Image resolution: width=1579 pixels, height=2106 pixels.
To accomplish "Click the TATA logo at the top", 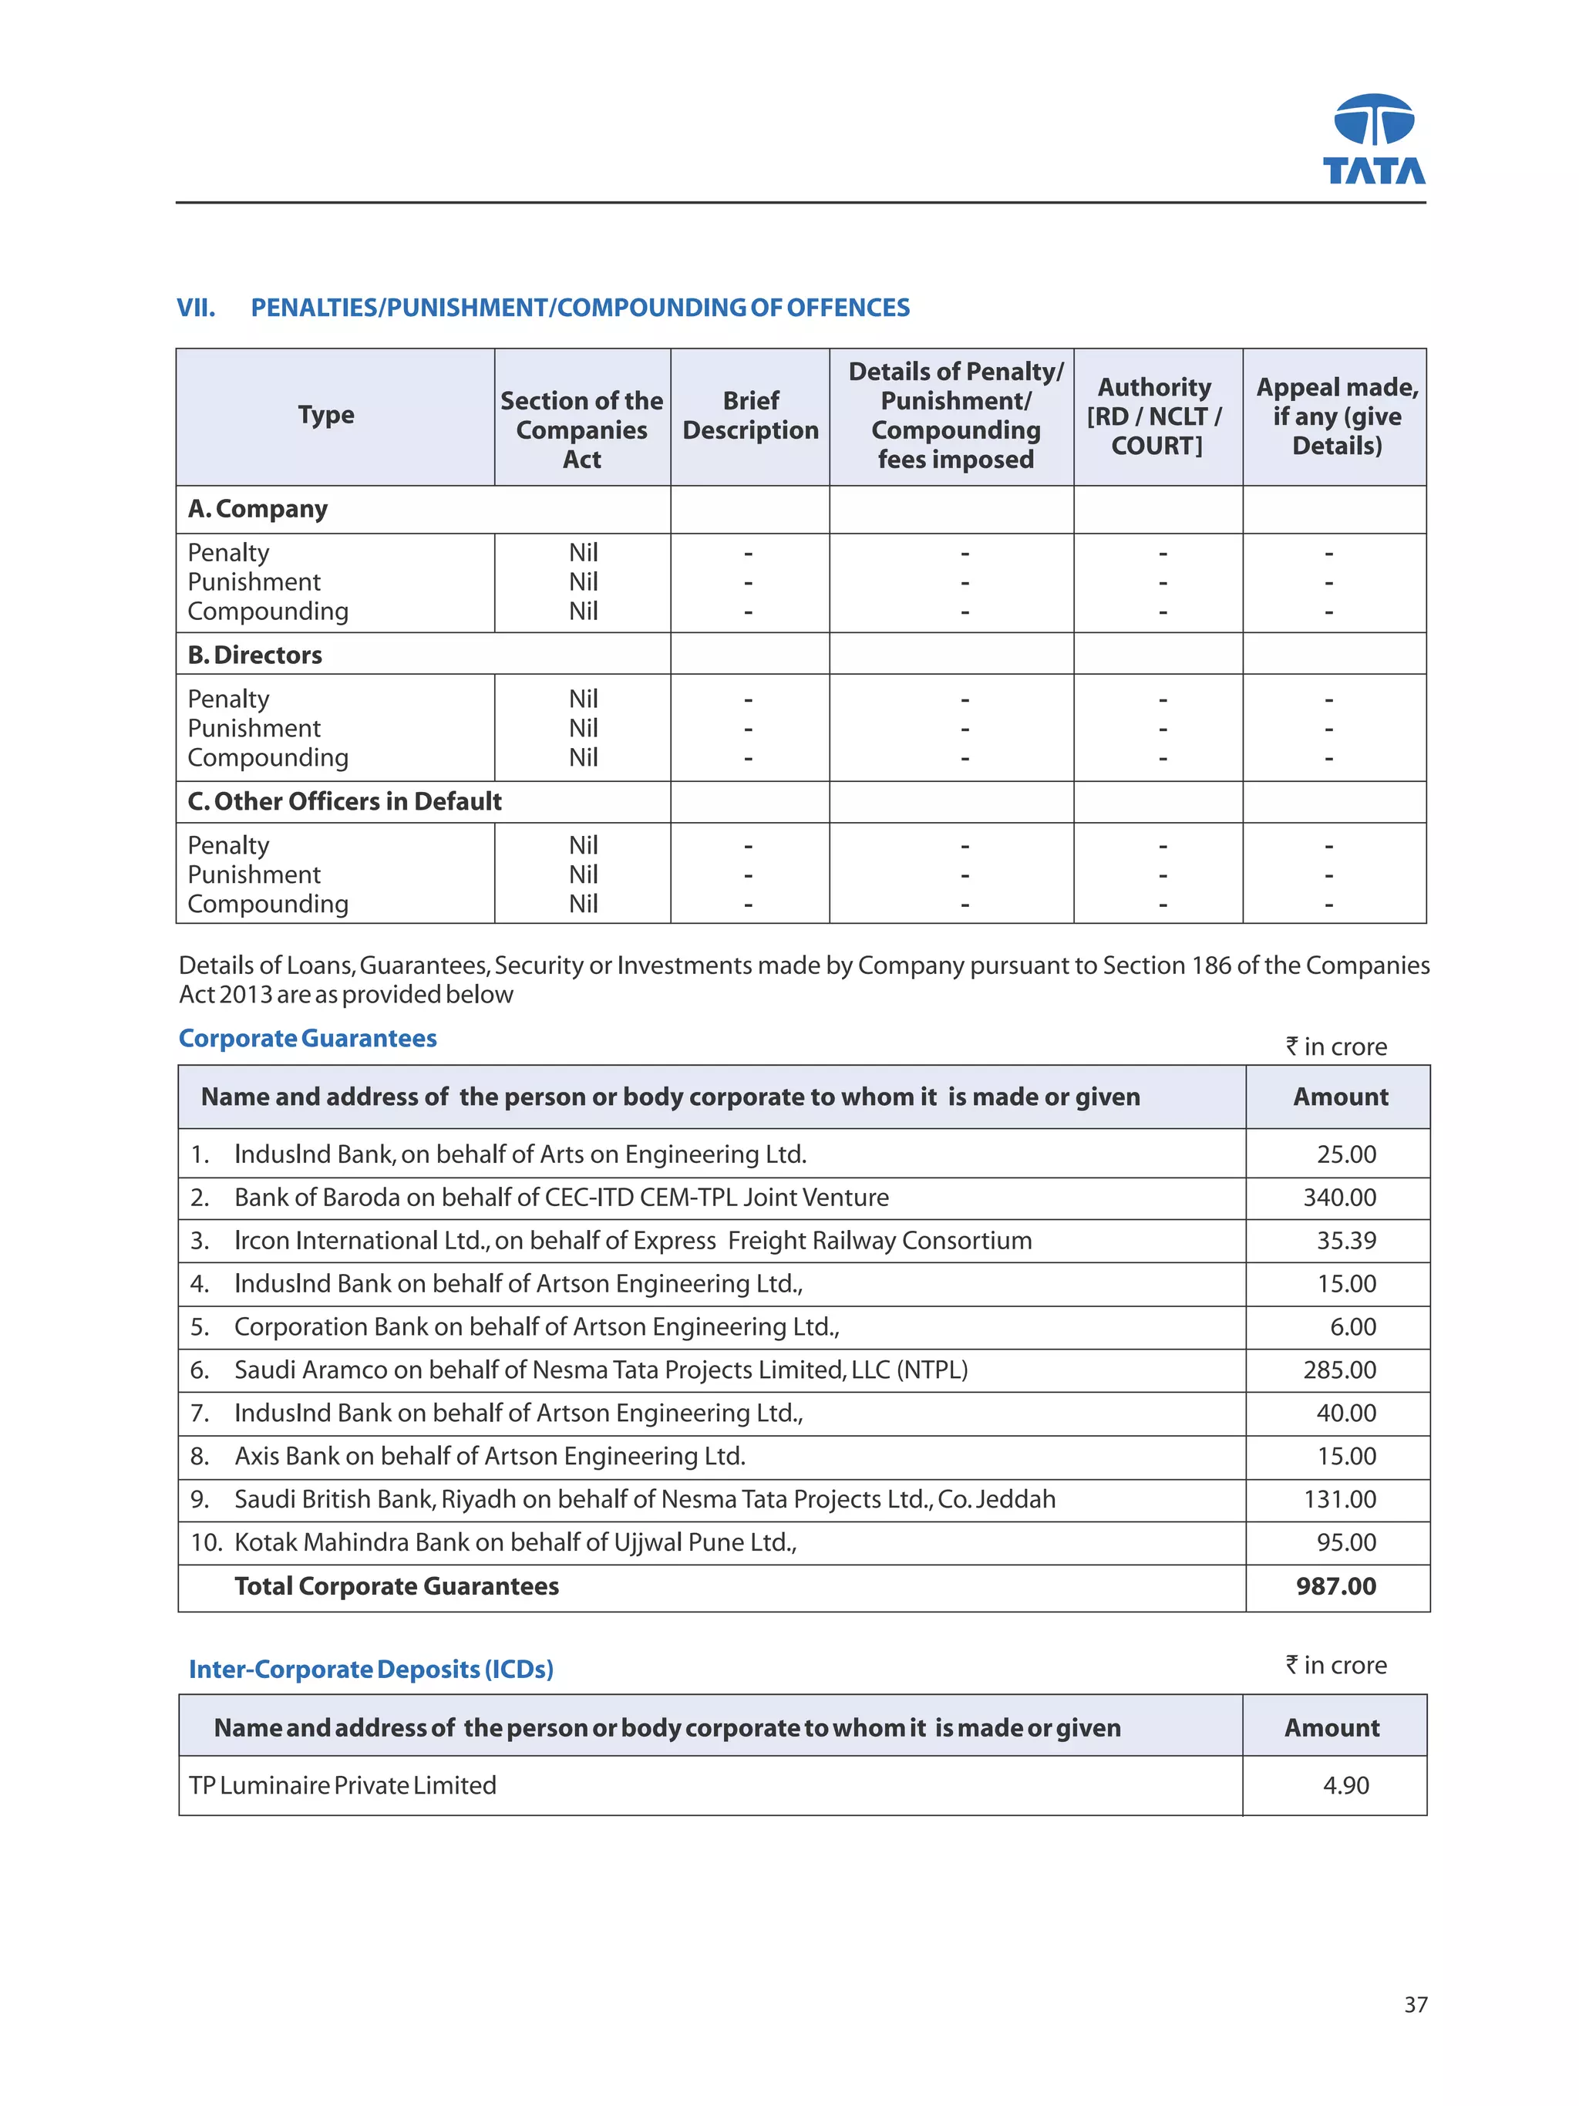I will [1373, 139].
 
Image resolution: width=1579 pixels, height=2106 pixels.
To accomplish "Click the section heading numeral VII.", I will [195, 308].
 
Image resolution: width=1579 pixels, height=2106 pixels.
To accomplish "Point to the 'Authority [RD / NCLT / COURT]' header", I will [1156, 416].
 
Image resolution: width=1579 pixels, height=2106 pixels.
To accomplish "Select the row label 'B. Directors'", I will [255, 655].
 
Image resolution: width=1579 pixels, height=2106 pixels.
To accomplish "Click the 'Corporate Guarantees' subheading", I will [308, 1038].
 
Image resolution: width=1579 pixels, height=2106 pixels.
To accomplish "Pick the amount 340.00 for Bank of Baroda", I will [1339, 1197].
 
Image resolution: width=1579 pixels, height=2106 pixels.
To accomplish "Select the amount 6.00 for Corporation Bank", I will [1352, 1326].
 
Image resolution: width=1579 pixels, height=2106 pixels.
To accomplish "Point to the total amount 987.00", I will [1335, 1585].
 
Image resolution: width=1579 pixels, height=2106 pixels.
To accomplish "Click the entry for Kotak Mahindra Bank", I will [514, 1542].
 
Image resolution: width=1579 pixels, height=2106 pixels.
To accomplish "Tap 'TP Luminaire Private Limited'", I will [342, 1785].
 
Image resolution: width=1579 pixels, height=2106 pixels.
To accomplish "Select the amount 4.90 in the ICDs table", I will [1345, 1785].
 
